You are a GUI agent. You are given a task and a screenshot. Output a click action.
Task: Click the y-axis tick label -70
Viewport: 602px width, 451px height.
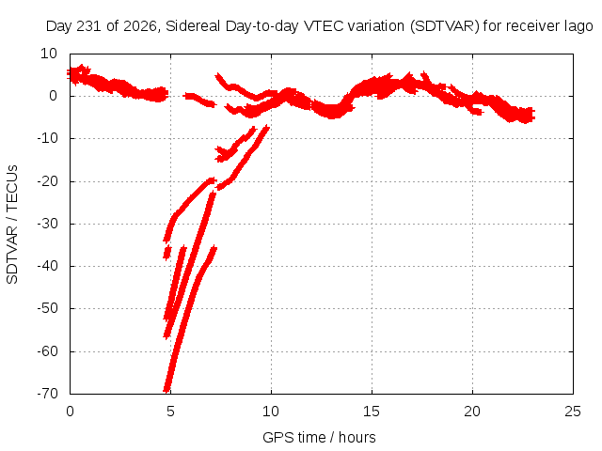click(x=48, y=393)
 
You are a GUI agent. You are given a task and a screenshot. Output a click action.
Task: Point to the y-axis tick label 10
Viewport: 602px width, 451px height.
click(x=49, y=54)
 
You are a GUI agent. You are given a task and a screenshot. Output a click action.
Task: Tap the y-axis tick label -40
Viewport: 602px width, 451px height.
click(x=48, y=265)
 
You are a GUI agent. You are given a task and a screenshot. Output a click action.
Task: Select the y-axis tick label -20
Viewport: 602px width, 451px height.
click(x=48, y=180)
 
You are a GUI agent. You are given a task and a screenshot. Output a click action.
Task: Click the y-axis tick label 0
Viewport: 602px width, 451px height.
click(x=54, y=96)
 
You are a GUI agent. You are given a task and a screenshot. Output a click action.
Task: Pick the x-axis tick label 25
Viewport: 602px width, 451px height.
click(x=573, y=412)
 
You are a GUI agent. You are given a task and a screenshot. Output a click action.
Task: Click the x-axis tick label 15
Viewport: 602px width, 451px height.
click(x=372, y=412)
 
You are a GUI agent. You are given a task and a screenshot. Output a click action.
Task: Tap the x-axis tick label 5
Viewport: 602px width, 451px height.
click(x=170, y=412)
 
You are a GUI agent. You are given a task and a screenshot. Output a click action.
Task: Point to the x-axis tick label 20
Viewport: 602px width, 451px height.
click(x=472, y=412)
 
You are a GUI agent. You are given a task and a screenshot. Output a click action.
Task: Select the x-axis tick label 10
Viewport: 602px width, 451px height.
click(x=271, y=412)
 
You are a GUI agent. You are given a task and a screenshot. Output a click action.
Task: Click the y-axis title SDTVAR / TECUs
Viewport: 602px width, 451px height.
click(x=12, y=225)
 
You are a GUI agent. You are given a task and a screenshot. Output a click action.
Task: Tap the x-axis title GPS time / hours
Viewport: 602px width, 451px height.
click(x=319, y=438)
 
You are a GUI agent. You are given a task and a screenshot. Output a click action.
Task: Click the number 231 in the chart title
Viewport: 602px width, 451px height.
click(x=90, y=26)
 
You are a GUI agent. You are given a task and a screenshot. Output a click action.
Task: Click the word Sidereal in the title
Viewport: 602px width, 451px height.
click(x=193, y=26)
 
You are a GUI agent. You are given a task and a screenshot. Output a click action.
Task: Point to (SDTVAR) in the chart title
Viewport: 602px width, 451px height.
click(x=445, y=26)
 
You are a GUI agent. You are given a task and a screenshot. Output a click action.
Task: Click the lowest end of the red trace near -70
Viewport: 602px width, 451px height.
click(x=166, y=391)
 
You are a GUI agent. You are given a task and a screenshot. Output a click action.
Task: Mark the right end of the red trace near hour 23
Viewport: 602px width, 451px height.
click(x=533, y=115)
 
